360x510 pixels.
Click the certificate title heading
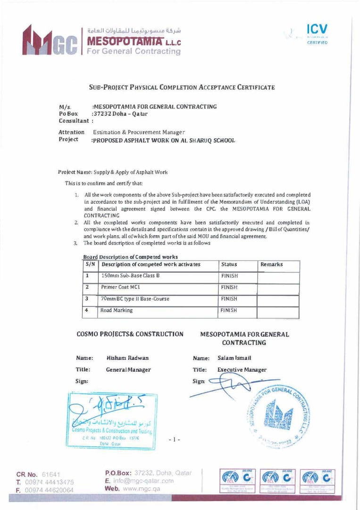coord(182,87)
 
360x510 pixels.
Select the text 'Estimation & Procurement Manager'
coord(139,132)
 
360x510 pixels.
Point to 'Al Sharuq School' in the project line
coord(208,140)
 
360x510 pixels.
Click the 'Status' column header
coord(229,264)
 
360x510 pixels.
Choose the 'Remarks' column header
coord(271,264)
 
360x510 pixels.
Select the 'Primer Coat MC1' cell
coord(121,287)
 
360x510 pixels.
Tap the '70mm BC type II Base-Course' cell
coord(135,299)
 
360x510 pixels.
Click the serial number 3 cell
coord(87,299)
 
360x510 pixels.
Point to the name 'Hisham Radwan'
coord(124,358)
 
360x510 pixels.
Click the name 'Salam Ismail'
coord(234,358)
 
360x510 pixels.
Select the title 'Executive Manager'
coord(242,370)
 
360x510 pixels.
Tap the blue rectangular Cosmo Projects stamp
coord(112,417)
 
